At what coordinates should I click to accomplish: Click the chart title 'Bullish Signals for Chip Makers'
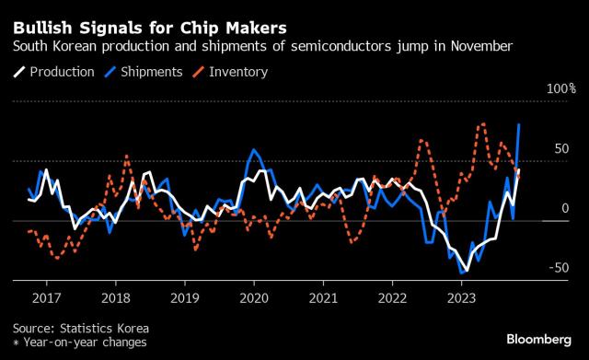(x=149, y=29)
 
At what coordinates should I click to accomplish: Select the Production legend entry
(x=53, y=72)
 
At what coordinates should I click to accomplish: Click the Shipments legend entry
(x=144, y=72)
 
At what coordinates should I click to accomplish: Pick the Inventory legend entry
(x=230, y=72)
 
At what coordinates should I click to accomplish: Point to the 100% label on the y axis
(x=560, y=88)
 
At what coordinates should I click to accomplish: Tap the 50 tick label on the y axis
(x=561, y=149)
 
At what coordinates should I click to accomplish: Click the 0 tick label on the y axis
(x=565, y=208)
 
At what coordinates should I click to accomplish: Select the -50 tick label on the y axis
(x=559, y=268)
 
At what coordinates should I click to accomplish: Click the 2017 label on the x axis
(x=47, y=298)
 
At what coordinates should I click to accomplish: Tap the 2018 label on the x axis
(x=116, y=298)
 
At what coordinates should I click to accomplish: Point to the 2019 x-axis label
(x=185, y=298)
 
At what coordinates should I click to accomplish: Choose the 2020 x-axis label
(x=254, y=298)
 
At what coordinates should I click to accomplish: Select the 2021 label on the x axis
(x=323, y=298)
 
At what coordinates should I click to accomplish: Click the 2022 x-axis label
(x=393, y=298)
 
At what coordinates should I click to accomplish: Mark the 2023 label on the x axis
(x=462, y=298)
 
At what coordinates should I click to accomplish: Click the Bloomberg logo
(x=539, y=340)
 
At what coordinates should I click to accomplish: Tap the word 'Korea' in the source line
(x=133, y=329)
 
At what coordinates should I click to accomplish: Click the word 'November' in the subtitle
(x=482, y=46)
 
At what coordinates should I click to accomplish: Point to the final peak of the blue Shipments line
(x=519, y=124)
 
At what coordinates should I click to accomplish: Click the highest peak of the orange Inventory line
(x=483, y=123)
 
